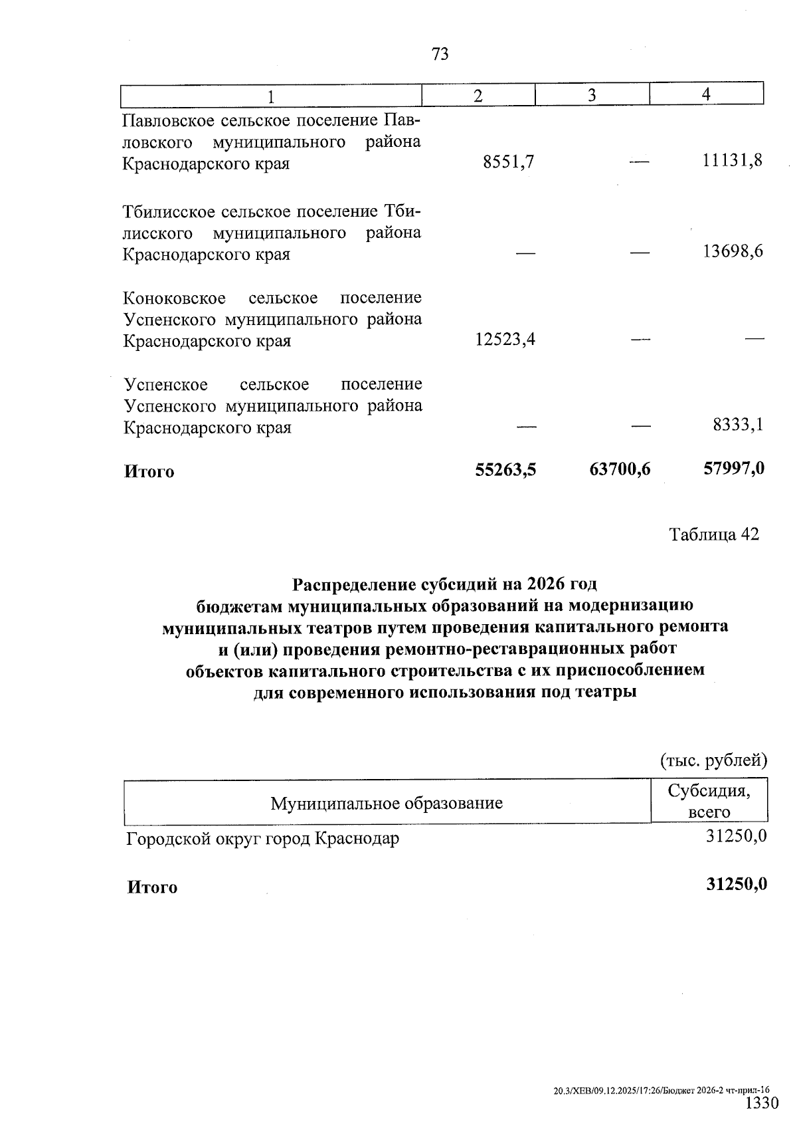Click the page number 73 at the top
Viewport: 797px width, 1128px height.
tap(440, 54)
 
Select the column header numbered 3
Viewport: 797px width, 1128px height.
tap(592, 96)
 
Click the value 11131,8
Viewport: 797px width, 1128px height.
tap(733, 160)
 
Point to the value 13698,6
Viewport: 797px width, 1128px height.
tap(733, 251)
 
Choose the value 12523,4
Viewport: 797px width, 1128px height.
tap(505, 340)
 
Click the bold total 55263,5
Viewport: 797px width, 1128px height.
tap(505, 470)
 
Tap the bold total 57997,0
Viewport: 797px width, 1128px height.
tap(733, 469)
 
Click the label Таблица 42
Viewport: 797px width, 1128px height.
tap(713, 535)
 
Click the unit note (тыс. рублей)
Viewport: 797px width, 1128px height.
tap(713, 760)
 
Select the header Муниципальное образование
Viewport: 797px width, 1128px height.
tap(386, 803)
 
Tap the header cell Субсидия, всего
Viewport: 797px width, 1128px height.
tap(709, 801)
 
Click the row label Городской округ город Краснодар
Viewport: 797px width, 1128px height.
tap(263, 839)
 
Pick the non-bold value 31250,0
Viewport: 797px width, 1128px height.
tap(737, 837)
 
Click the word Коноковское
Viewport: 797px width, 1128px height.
tap(175, 298)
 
